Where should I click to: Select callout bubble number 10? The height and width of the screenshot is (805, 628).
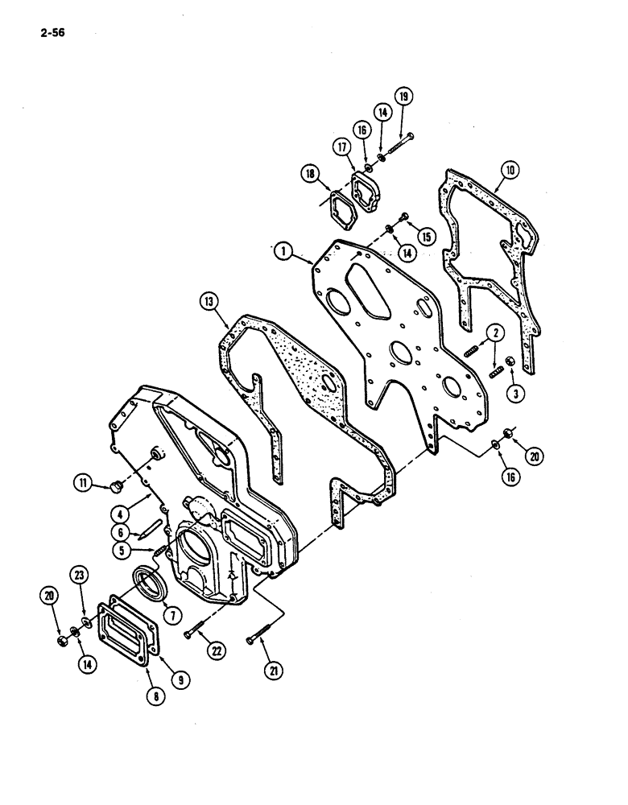[510, 170]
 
